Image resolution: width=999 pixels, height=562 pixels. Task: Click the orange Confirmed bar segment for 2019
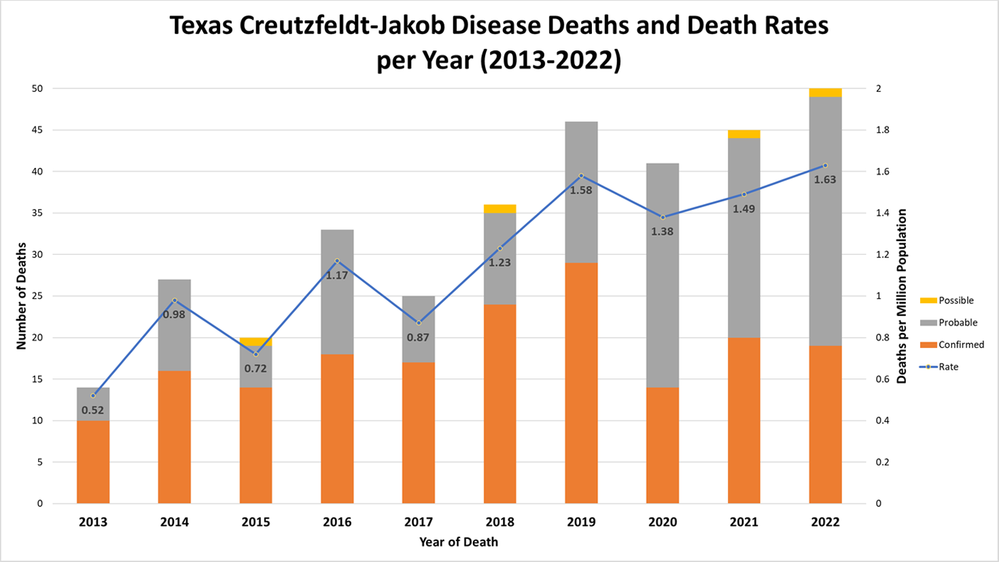(581, 383)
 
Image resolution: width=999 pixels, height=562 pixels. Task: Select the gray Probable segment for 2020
(663, 275)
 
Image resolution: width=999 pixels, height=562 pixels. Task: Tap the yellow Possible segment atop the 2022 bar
(825, 92)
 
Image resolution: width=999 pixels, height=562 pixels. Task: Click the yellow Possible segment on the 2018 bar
(500, 209)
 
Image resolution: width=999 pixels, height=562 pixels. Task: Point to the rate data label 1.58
(581, 191)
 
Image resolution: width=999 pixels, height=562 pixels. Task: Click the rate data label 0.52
(93, 410)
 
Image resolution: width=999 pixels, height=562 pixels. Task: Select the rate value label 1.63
(825, 180)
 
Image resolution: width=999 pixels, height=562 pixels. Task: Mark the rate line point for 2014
(175, 300)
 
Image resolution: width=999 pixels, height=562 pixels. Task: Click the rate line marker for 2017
(419, 323)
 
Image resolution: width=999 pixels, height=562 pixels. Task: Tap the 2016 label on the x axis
(337, 522)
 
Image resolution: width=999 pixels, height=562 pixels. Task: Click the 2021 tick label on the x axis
(744, 522)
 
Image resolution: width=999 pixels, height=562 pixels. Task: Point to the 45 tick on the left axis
(36, 130)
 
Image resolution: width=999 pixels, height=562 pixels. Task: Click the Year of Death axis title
(459, 542)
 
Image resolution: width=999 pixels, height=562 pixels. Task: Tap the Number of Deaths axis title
(22, 296)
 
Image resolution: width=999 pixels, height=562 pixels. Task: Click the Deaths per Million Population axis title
(902, 296)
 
